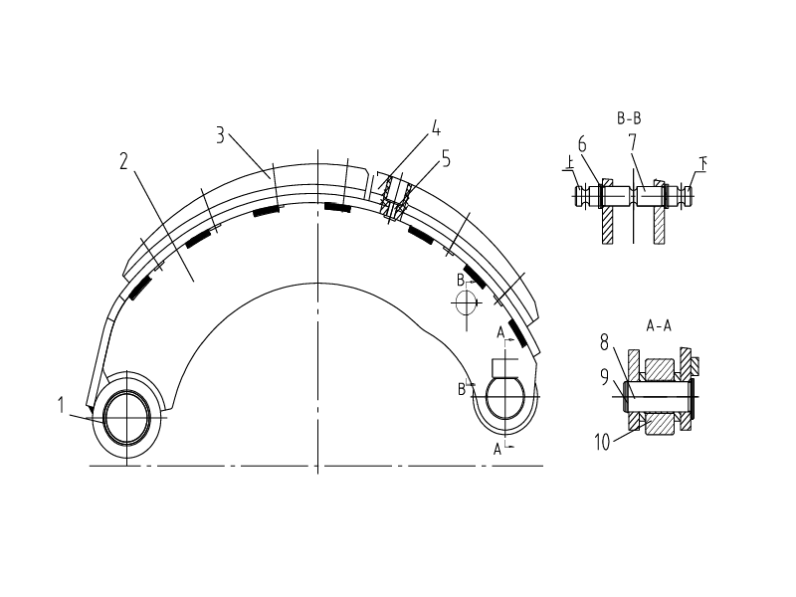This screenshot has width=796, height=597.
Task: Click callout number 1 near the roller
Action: coord(61,404)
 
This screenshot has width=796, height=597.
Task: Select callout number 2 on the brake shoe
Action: coord(124,161)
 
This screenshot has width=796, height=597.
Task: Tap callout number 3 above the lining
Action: coord(220,135)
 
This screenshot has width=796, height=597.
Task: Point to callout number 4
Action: coord(435,128)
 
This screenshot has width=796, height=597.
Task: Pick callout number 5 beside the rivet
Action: coord(446,157)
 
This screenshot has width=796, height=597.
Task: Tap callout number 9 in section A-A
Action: coord(604,378)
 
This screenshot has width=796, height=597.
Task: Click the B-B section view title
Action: coord(629,118)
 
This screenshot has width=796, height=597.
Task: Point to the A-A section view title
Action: coord(658,325)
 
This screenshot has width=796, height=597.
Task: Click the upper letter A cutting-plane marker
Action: coord(499,332)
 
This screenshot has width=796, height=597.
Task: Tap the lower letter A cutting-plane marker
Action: coord(497,449)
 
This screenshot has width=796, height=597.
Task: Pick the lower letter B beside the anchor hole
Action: coord(462,389)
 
